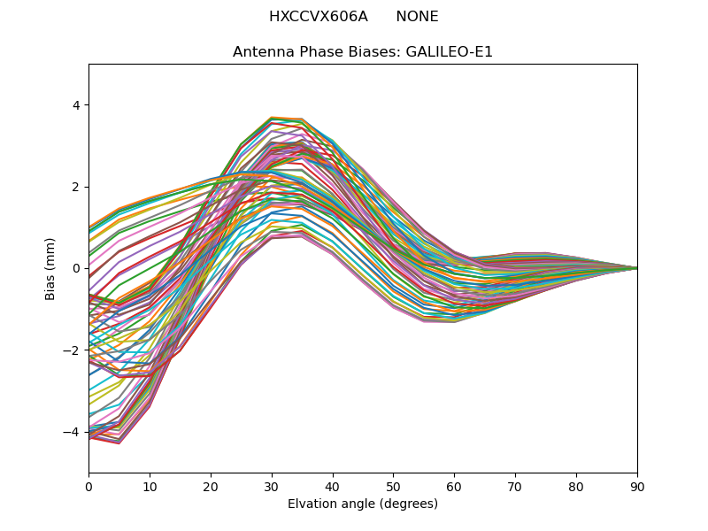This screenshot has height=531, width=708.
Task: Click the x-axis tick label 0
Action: [88, 486]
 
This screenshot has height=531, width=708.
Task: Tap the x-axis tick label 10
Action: [150, 486]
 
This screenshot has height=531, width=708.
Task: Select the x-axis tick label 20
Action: [211, 486]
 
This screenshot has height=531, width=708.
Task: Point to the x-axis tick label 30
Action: [272, 486]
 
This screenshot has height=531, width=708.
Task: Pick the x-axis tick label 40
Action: [333, 486]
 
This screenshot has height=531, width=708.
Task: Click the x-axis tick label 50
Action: [393, 486]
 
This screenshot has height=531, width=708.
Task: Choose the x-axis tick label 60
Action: [454, 486]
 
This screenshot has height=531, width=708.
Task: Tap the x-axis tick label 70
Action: [515, 486]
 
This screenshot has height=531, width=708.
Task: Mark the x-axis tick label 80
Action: [576, 486]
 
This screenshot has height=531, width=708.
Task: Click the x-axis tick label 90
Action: [637, 486]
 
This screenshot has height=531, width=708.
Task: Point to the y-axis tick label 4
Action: [75, 105]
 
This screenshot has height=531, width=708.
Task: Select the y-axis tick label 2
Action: [75, 187]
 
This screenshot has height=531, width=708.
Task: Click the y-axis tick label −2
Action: [72, 350]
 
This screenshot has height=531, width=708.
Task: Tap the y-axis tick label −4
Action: [72, 432]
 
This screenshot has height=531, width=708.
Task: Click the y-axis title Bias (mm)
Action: [51, 268]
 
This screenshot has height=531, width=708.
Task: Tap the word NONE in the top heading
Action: [417, 17]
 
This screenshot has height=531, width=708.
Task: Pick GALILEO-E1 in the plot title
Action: [449, 52]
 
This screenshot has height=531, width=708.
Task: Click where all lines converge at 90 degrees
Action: [636, 268]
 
